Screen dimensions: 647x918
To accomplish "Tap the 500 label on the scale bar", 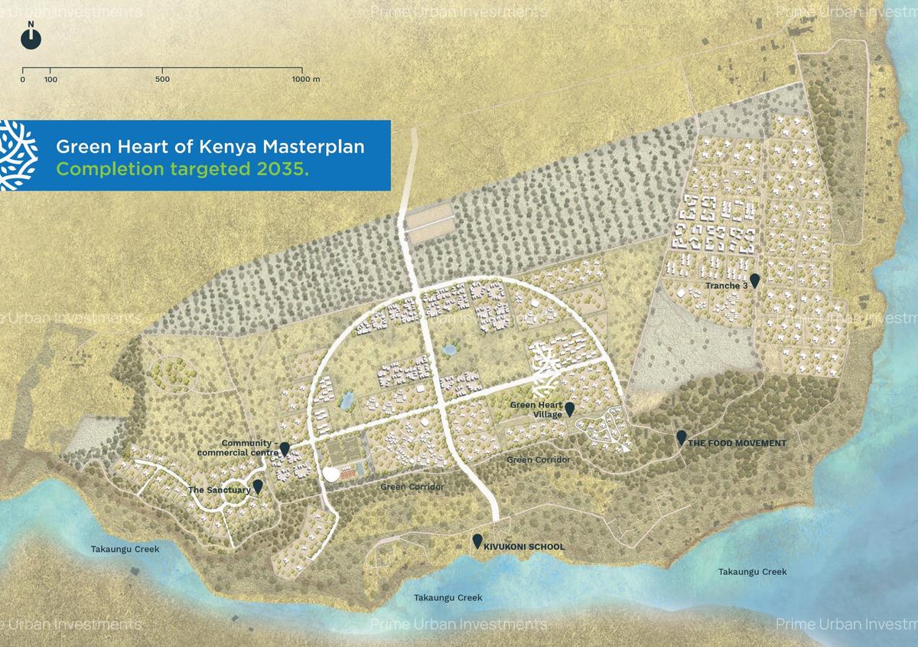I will tap(162, 80).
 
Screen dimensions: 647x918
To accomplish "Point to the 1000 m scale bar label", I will tap(305, 80).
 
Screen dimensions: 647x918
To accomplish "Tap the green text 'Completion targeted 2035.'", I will tap(183, 169).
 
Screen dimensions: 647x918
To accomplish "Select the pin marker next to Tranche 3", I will tap(755, 280).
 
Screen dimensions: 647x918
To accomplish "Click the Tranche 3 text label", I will tap(726, 286).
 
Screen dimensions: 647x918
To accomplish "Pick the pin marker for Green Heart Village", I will tap(569, 408).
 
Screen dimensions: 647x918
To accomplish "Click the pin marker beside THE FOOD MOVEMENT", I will tap(681, 437).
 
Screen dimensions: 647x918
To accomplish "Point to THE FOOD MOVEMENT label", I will tap(737, 443).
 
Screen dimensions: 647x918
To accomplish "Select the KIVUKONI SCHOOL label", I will tap(524, 547).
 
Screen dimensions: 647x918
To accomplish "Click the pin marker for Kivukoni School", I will tap(477, 541).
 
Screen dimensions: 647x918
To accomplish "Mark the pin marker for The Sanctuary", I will tap(258, 485).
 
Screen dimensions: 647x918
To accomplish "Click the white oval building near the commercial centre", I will tap(332, 475).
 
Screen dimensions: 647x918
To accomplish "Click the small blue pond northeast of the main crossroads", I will tap(449, 350).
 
